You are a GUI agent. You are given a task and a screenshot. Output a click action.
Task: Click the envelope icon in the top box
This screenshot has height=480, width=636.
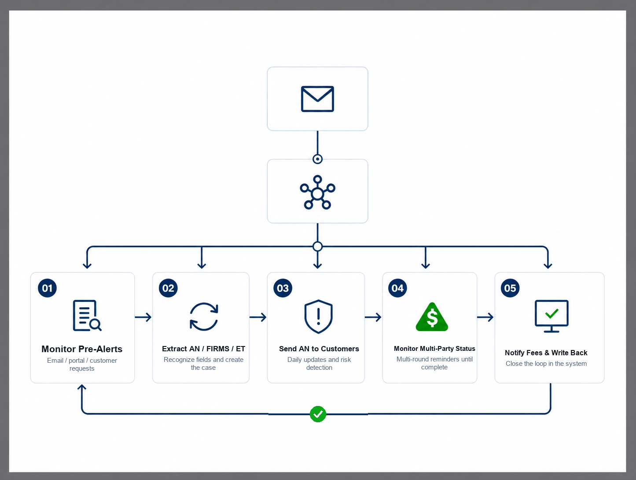click(317, 99)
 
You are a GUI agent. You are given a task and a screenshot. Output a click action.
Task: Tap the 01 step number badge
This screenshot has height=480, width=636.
click(47, 288)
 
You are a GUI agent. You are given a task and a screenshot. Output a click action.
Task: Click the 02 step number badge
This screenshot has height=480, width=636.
click(168, 288)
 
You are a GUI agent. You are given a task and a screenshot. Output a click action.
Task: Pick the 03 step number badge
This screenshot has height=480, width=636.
click(283, 288)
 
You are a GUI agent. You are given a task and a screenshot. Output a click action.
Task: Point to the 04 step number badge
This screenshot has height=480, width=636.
click(397, 288)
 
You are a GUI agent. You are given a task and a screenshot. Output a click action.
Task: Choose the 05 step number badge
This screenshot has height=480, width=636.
click(510, 288)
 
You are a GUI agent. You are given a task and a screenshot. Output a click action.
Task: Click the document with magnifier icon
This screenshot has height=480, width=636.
click(87, 316)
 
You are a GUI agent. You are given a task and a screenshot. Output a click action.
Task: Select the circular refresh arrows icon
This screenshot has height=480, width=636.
click(204, 317)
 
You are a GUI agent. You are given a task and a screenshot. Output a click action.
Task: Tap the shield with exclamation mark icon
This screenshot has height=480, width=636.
click(318, 316)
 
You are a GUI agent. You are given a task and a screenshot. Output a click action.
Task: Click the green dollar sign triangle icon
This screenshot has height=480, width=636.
click(432, 317)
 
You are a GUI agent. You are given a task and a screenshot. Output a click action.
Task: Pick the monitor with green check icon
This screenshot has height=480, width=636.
click(551, 316)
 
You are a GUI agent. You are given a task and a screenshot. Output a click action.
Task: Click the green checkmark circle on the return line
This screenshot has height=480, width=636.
click(318, 414)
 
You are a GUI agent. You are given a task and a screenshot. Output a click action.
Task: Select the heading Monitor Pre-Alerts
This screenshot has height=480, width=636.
click(82, 349)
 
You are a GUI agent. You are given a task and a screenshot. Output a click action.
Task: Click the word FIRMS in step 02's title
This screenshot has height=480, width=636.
click(217, 349)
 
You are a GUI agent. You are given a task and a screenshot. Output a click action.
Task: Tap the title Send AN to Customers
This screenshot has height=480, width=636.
click(319, 349)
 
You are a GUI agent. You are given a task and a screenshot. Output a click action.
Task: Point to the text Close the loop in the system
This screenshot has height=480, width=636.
click(546, 363)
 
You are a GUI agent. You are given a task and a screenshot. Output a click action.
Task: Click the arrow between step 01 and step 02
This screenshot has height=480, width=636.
click(143, 317)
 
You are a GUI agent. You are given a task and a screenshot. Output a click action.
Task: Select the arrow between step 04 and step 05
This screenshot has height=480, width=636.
click(485, 317)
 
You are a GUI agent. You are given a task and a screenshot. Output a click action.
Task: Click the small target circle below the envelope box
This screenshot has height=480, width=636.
click(318, 159)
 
